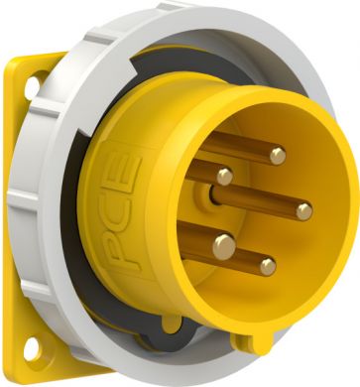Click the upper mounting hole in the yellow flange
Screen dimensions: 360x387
(x=33, y=87)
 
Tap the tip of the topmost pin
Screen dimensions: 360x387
(x=278, y=156)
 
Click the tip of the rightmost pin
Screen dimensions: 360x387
(x=303, y=211)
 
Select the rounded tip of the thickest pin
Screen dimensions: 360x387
(x=224, y=247)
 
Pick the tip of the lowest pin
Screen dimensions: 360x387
(x=268, y=267)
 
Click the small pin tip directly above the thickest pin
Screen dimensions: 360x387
(x=225, y=177)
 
